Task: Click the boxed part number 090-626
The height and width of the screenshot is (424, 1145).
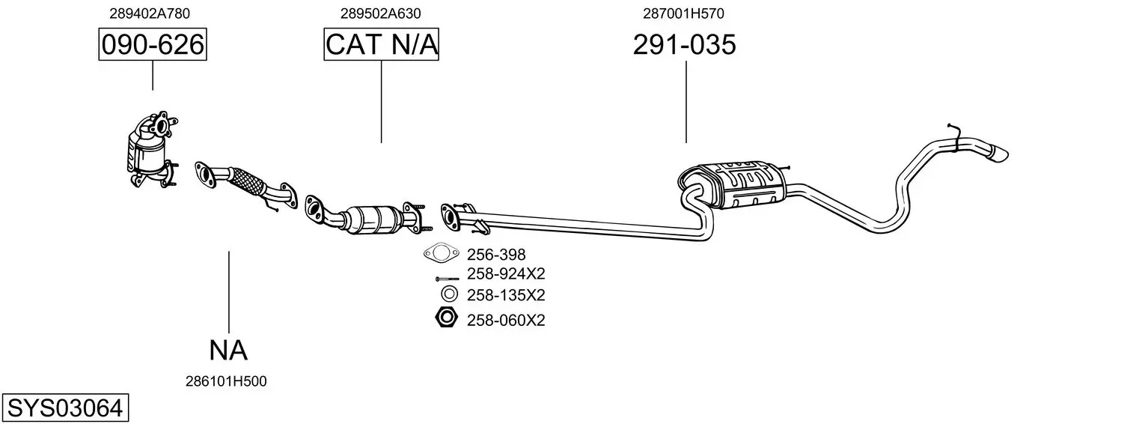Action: click(x=153, y=45)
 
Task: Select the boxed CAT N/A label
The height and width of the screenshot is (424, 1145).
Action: click(x=381, y=45)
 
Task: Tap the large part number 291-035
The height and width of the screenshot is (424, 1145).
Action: click(x=684, y=45)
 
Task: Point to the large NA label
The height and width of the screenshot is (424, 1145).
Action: click(x=228, y=350)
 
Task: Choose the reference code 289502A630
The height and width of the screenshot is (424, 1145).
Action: click(x=380, y=13)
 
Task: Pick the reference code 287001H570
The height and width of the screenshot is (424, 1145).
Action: click(x=683, y=13)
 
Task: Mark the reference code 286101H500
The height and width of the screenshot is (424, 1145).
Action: click(x=226, y=381)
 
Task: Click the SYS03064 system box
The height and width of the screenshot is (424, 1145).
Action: click(x=64, y=408)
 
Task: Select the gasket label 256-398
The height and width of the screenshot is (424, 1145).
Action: click(x=496, y=255)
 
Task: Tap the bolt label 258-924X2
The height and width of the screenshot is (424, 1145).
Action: click(x=506, y=273)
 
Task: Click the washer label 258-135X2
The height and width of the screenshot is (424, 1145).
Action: click(x=506, y=294)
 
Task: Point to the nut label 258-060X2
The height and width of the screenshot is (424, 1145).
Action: click(x=506, y=321)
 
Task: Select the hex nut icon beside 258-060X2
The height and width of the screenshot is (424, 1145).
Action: click(x=446, y=318)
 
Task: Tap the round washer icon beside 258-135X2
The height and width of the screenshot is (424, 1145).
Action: click(x=449, y=294)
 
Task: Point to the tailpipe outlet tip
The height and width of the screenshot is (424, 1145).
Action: click(x=997, y=154)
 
